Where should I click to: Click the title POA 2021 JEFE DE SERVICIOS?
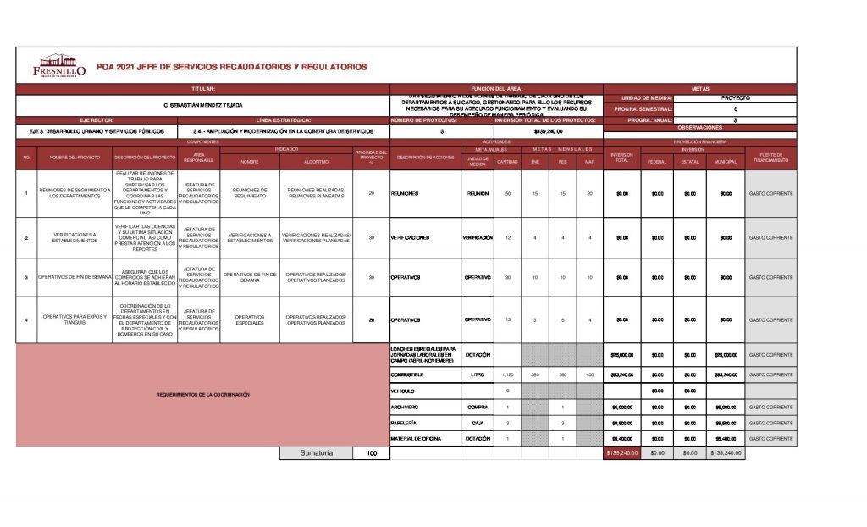click(x=232, y=66)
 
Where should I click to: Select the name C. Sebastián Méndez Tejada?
click(x=202, y=105)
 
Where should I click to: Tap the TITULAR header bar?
click(x=202, y=88)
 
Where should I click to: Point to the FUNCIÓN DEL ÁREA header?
click(x=496, y=88)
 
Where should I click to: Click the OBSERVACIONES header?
click(x=699, y=127)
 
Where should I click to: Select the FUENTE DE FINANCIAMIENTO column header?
click(x=770, y=158)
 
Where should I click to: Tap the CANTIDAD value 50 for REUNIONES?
click(x=507, y=194)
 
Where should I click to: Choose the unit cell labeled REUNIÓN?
click(x=478, y=194)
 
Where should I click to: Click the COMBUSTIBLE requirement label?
click(x=407, y=374)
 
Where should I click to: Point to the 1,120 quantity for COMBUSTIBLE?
click(x=507, y=374)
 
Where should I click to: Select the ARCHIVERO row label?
click(x=406, y=407)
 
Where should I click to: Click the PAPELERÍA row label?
click(x=404, y=422)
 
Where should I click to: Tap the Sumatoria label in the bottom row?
click(x=316, y=453)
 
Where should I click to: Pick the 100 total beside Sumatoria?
click(x=371, y=453)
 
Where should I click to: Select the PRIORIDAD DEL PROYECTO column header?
click(x=371, y=158)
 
